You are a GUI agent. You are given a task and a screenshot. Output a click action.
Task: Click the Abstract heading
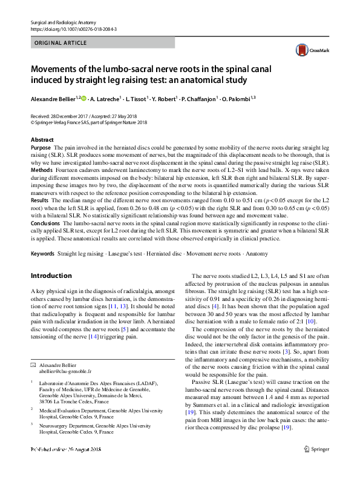point(42,140)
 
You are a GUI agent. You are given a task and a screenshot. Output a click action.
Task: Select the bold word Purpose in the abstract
point(40,148)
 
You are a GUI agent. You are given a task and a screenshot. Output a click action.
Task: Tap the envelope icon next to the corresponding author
point(33,366)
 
